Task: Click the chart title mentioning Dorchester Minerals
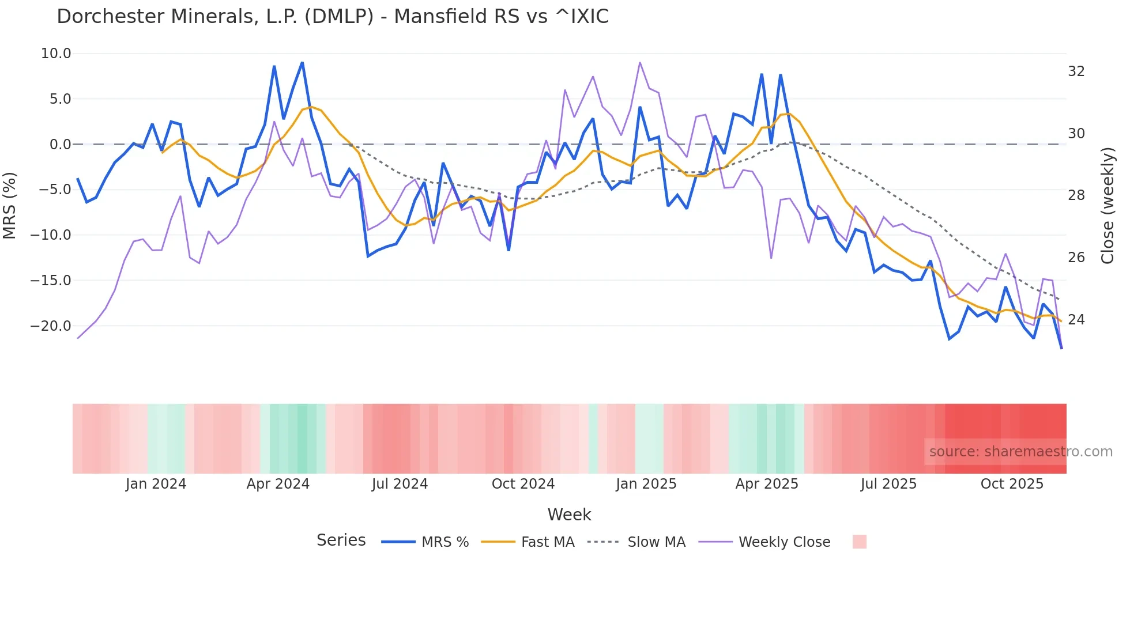pos(333,17)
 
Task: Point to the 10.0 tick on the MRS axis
pos(56,54)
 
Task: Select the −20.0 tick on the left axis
pos(51,326)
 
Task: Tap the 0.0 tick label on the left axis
pos(60,145)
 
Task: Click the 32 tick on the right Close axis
pos(1076,71)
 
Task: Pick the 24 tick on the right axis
pos(1076,320)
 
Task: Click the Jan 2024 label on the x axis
pos(156,484)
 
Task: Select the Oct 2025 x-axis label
pos(1012,484)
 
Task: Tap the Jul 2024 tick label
pos(400,484)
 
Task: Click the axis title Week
pos(569,515)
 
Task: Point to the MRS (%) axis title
pos(10,205)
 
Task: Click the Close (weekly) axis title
pos(1108,206)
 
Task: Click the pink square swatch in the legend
pos(859,542)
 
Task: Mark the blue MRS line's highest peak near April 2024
pos(302,63)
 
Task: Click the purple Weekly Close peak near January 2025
pos(640,63)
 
